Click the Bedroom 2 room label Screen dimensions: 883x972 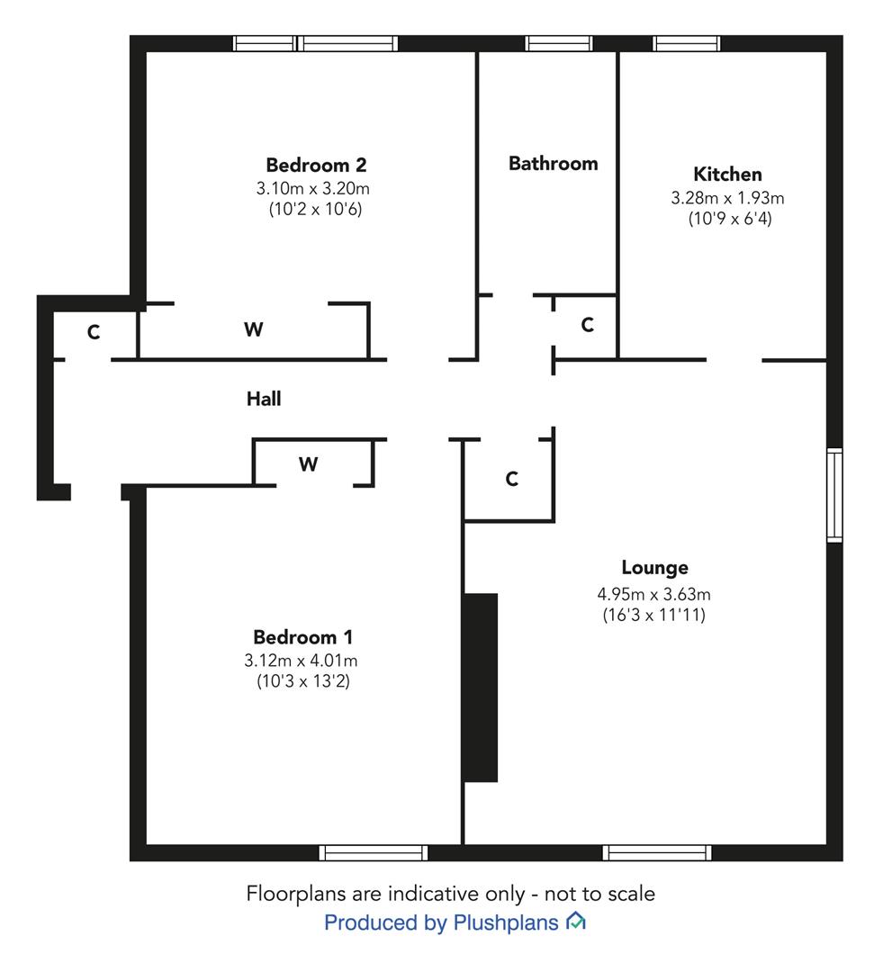(316, 165)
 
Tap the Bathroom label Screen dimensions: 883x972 (554, 163)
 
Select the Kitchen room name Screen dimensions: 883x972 (727, 174)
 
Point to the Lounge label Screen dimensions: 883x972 (654, 568)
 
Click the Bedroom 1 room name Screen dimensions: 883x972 (303, 636)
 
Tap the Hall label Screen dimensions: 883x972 (264, 399)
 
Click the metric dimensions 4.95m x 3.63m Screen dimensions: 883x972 (653, 594)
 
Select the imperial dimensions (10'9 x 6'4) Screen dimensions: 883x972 (730, 218)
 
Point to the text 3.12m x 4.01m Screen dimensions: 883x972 (301, 661)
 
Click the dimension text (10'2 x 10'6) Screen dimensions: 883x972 (315, 209)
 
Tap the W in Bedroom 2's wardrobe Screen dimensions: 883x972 (253, 329)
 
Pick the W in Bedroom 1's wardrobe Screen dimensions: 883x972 (308, 464)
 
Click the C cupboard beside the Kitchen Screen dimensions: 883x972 (587, 324)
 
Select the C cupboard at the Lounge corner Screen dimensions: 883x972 (511, 479)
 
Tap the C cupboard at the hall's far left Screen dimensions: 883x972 (93, 332)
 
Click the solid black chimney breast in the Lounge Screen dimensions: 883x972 (481, 688)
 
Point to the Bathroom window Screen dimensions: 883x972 (559, 43)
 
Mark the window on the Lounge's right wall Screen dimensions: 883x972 (834, 495)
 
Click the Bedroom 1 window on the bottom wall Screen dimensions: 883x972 (374, 853)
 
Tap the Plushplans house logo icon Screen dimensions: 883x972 (576, 922)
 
